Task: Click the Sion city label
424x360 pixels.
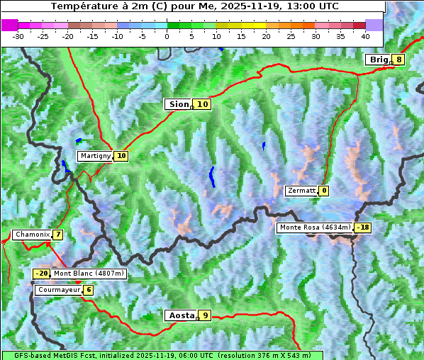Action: coord(178,104)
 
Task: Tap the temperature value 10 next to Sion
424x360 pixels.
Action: coord(203,104)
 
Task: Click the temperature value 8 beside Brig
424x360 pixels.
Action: coord(399,60)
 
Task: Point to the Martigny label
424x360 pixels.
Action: coord(95,156)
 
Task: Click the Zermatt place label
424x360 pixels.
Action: coord(301,191)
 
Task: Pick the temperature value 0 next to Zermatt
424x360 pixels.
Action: coord(324,191)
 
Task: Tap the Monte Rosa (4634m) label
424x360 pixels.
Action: coord(315,227)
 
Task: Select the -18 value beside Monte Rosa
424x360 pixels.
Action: coord(363,227)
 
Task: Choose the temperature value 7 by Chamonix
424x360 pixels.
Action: coord(57,235)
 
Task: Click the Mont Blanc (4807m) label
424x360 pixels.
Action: coord(89,274)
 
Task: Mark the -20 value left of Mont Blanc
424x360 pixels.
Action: coord(42,274)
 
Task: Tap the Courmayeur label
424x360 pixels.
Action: coord(58,290)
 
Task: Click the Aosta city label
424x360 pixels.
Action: coord(180,315)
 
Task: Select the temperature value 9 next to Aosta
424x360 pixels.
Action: coord(205,315)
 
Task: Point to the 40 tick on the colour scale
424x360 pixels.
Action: coord(365,35)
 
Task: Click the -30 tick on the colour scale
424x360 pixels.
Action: coord(18,35)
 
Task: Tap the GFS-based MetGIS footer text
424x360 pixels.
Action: coord(162,355)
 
